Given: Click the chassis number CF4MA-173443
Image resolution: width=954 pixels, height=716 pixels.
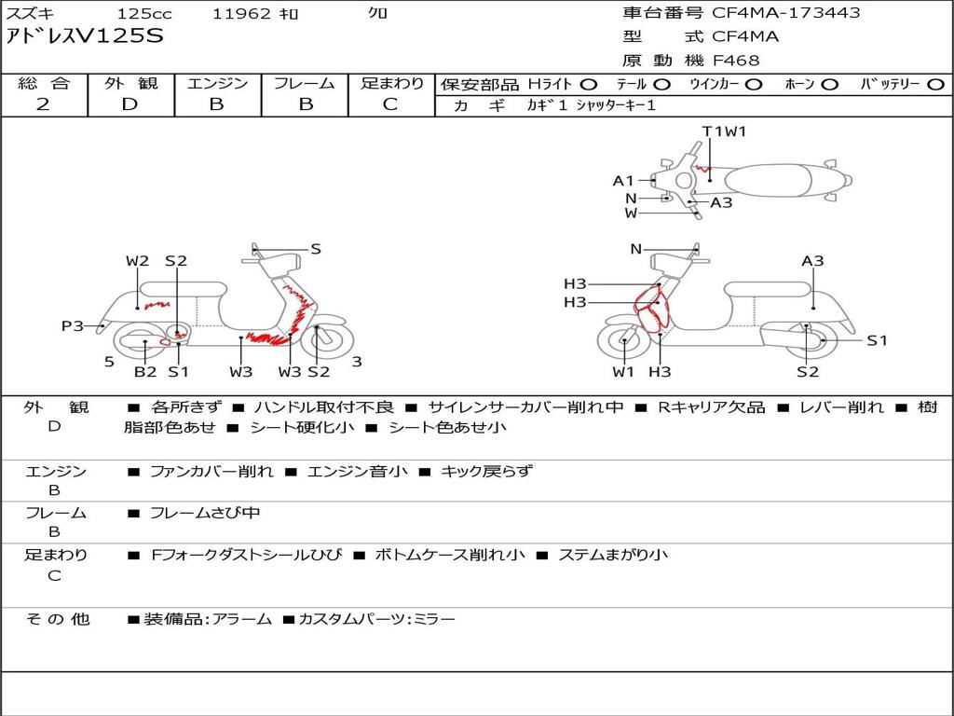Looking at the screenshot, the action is [x=786, y=13].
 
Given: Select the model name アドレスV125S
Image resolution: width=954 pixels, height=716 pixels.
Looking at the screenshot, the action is [x=85, y=36].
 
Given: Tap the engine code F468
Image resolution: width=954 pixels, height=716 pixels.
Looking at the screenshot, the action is [x=736, y=61].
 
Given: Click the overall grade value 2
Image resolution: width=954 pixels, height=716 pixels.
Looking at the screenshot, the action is [x=43, y=104].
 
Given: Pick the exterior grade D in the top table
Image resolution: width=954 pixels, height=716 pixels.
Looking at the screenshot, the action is [x=130, y=104].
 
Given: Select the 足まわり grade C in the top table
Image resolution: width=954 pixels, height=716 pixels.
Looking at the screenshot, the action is [x=390, y=104].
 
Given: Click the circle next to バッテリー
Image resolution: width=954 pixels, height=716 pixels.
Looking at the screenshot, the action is [x=935, y=85].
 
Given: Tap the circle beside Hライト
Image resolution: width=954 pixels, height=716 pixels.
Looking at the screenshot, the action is [x=589, y=85].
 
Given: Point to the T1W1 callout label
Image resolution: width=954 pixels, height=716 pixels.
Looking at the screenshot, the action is [x=724, y=131].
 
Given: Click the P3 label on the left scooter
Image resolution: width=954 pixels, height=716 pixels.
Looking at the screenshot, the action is [x=73, y=326].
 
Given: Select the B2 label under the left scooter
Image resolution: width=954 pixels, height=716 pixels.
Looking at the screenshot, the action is [x=145, y=371].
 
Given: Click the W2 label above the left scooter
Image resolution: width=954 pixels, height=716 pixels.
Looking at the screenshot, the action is [x=138, y=261].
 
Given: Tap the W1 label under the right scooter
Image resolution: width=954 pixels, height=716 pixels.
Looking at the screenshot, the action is [x=623, y=371].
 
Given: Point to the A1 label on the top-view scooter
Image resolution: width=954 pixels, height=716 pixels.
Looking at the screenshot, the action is [x=623, y=181].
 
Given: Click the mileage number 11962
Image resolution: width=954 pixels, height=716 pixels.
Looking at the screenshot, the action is [x=241, y=13].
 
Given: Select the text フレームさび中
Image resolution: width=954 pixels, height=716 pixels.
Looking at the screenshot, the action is [x=205, y=514].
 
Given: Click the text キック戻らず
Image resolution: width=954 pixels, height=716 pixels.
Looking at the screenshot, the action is [x=486, y=471].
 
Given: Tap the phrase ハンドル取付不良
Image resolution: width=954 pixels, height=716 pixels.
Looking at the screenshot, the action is [x=324, y=407].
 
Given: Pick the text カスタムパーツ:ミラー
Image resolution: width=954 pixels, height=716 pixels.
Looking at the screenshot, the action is [x=376, y=620].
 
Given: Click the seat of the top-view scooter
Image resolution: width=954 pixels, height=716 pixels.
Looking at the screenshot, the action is [x=769, y=181].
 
